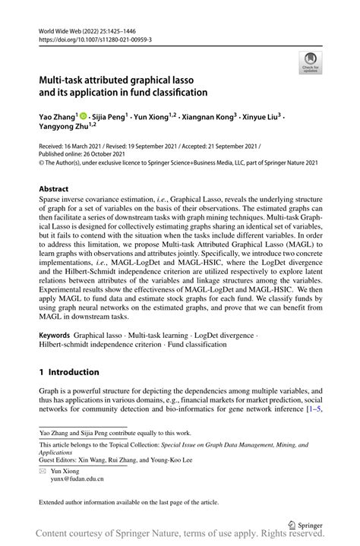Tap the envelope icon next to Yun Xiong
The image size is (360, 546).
click(x=43, y=471)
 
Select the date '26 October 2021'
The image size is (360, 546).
click(x=99, y=153)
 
